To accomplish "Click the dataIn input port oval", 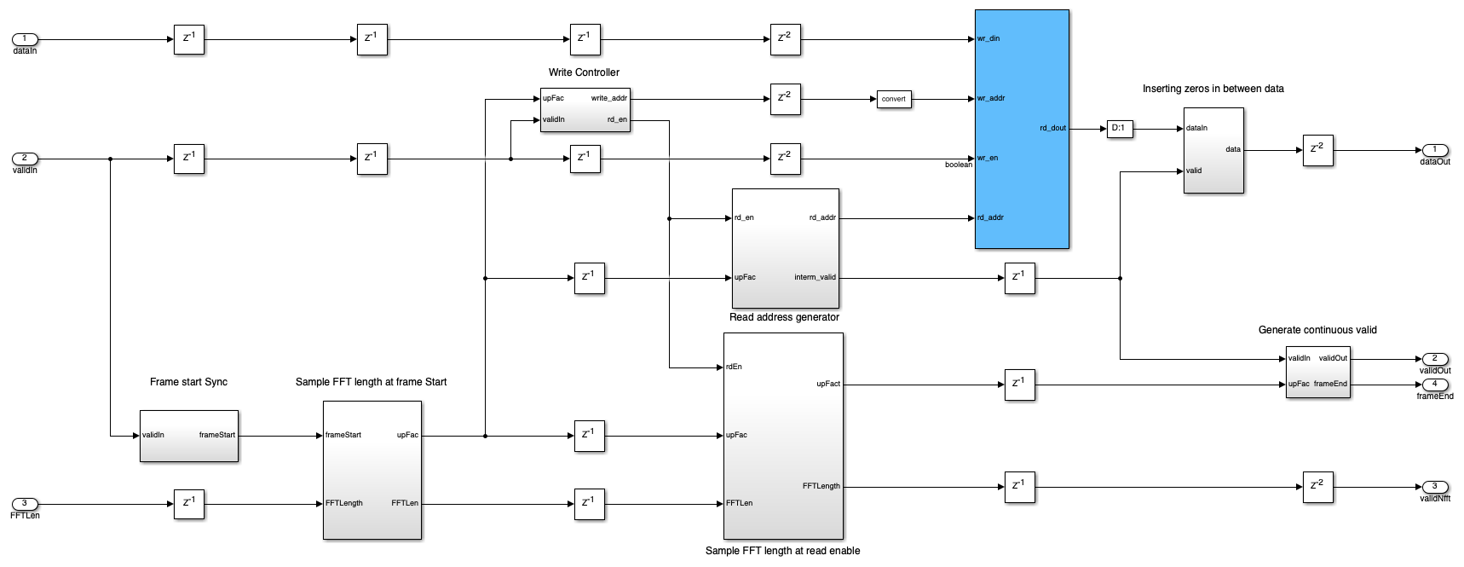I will (x=25, y=39).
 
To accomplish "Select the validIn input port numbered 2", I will (x=25, y=159).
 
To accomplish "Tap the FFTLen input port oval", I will (x=25, y=504).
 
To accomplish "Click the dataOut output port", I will (x=1434, y=150).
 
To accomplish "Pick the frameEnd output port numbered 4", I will (x=1434, y=385).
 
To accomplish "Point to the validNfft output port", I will (x=1434, y=487).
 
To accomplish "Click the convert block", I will (x=893, y=99).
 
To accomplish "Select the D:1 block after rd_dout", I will (x=1119, y=129).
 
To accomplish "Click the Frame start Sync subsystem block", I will (x=188, y=436).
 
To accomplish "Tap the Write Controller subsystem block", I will (x=585, y=110).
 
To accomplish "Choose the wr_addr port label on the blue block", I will (x=991, y=98).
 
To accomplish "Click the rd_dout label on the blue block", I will (x=1052, y=129).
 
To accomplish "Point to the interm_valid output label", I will (x=815, y=277).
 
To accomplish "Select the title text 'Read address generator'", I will (x=784, y=317).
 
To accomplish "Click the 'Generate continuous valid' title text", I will (x=1317, y=330).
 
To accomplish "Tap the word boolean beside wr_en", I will (x=958, y=165).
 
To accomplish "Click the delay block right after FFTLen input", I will (x=188, y=504).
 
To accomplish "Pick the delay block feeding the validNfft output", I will (x=1317, y=487).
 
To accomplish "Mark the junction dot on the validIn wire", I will (x=111, y=159).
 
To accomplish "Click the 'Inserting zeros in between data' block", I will (x=1213, y=150).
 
